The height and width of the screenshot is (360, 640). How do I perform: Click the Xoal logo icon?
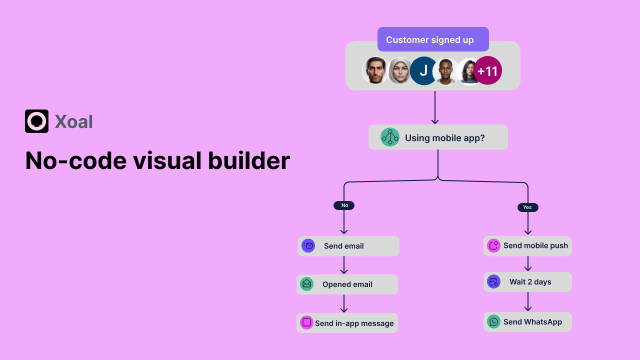36,121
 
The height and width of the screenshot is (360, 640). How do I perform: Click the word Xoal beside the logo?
73,121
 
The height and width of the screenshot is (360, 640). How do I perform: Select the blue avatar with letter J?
423,71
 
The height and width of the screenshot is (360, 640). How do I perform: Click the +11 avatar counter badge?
487,71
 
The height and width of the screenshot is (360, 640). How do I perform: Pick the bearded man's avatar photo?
375,70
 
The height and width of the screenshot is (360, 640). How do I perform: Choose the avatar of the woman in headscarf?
399,71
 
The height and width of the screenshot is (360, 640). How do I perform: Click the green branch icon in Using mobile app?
390,137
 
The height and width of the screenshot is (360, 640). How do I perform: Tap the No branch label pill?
344,205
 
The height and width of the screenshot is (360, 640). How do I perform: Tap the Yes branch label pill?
527,207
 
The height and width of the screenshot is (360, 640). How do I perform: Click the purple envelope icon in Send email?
308,246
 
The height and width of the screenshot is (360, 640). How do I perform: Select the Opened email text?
347,284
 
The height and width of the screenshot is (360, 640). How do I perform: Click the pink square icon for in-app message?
306,322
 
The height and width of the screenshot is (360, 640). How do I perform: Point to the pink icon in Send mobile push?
493,245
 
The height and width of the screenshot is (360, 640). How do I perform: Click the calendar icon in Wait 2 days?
493,281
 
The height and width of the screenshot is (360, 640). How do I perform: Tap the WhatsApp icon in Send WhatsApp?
493,321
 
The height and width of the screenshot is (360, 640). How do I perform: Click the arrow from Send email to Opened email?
344,265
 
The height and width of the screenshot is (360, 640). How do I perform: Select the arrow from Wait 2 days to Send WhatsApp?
527,301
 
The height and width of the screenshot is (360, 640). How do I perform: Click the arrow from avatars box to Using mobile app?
435,107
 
